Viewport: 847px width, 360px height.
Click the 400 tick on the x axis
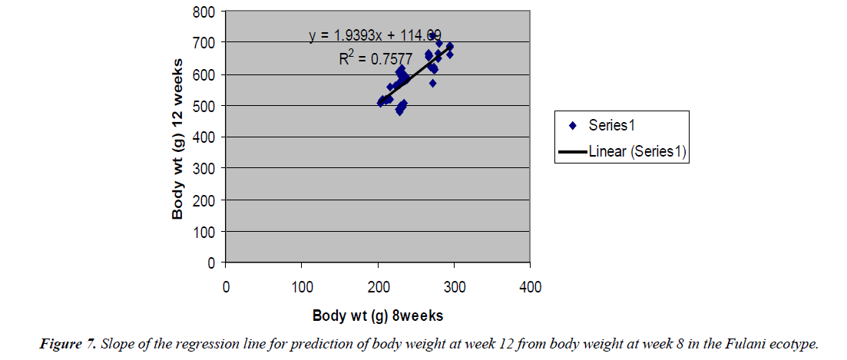click(x=531, y=288)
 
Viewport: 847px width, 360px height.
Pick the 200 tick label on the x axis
click(x=378, y=288)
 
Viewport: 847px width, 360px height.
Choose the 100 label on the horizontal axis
click(x=302, y=288)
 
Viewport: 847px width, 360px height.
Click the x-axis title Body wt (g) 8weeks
click(x=378, y=315)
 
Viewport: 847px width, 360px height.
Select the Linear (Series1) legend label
click(x=637, y=152)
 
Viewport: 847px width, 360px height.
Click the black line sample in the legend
click(x=573, y=152)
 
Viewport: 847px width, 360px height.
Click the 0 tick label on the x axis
click(x=226, y=288)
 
